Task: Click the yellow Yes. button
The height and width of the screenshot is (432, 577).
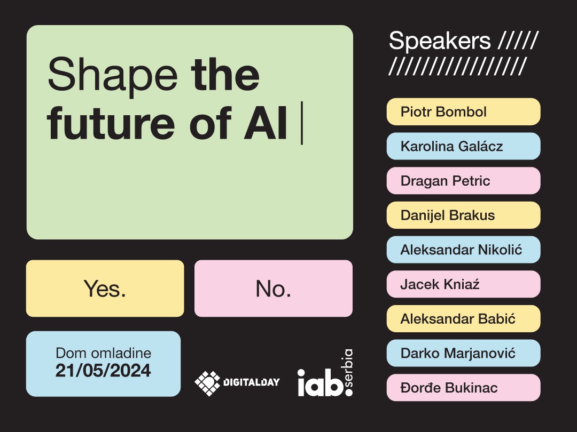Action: pyautogui.click(x=105, y=289)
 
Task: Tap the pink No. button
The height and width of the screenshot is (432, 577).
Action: pyautogui.click(x=274, y=289)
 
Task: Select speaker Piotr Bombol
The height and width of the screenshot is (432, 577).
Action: pyautogui.click(x=463, y=111)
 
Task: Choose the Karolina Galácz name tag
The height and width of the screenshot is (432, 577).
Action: pyautogui.click(x=463, y=146)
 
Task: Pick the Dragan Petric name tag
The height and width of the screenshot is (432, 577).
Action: pyautogui.click(x=463, y=181)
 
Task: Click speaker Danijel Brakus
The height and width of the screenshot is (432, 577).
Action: pyautogui.click(x=463, y=215)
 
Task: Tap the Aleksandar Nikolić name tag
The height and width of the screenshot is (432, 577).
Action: pyautogui.click(x=463, y=250)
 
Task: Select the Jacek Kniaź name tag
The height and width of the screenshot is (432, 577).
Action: pyautogui.click(x=463, y=284)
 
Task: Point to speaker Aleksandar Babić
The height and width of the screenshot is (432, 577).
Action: pyautogui.click(x=463, y=318)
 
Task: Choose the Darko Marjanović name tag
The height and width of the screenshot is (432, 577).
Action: pyautogui.click(x=463, y=353)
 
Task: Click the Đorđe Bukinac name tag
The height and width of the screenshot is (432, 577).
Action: pyautogui.click(x=463, y=388)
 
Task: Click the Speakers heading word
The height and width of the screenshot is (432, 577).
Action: pyautogui.click(x=440, y=42)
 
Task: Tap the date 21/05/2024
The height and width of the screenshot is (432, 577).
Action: pyautogui.click(x=103, y=370)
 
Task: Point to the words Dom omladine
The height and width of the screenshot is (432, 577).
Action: pyautogui.click(x=104, y=353)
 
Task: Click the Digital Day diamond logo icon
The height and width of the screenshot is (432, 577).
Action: pyautogui.click(x=207, y=383)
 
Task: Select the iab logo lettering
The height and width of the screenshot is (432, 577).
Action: pyautogui.click(x=320, y=383)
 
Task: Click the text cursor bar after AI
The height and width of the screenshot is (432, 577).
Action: pyautogui.click(x=302, y=123)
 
